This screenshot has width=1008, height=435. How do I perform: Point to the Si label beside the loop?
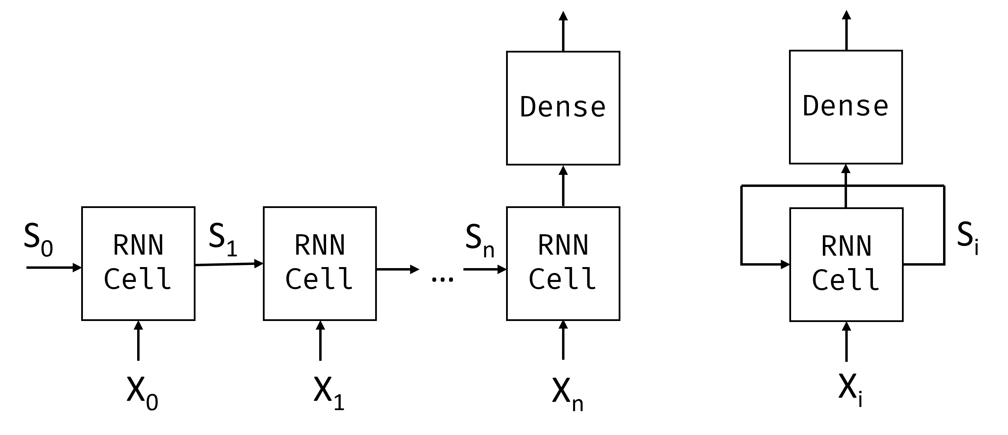click(967, 237)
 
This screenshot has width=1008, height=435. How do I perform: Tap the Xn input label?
click(567, 393)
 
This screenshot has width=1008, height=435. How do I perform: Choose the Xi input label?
click(850, 390)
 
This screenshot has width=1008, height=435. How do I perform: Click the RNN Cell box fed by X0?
click(138, 264)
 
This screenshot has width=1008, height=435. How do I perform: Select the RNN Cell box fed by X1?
click(320, 264)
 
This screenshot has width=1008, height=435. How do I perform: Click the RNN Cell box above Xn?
click(563, 264)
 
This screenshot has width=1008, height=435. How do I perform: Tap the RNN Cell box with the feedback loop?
click(846, 265)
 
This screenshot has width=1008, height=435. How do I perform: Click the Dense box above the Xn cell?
click(563, 108)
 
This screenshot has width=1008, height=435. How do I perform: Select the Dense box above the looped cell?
click(846, 107)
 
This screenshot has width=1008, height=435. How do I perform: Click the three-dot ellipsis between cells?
click(442, 279)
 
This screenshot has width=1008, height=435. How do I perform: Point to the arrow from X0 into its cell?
click(138, 341)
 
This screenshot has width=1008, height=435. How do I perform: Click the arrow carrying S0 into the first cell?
click(53, 268)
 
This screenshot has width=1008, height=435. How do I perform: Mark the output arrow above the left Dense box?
click(563, 31)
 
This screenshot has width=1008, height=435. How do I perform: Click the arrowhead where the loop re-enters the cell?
click(784, 265)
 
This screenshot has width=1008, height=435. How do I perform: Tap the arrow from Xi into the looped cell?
click(846, 341)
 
